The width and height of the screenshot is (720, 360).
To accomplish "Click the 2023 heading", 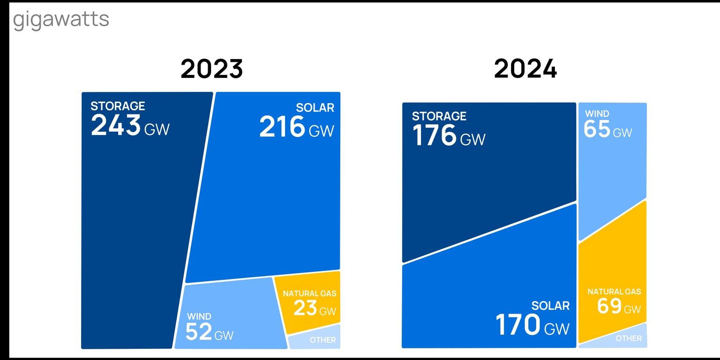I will coord(211,69).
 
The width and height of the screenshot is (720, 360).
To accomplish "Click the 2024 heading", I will coord(525,69).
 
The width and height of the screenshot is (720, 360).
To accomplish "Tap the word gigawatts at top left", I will coord(61,20).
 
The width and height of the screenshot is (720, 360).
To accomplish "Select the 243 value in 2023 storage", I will coord(116,125).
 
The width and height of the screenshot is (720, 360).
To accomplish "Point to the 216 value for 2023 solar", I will coord(282,127).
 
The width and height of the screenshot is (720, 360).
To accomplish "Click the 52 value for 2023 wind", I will coord(199,331).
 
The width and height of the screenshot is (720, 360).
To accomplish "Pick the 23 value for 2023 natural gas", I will coord(306,308).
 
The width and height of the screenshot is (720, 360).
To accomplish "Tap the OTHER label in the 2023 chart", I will coord(322,340).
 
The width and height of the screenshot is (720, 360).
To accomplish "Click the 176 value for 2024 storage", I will coord(435,135).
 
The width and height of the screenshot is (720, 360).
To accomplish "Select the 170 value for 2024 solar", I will coord(518,325).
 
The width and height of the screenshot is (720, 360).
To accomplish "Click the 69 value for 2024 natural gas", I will coord(609,306).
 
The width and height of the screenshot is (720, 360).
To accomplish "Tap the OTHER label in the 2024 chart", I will coord(629,338).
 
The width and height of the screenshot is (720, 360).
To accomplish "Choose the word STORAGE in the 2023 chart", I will coord(118,106).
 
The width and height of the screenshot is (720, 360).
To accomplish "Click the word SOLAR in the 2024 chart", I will coord(550,306).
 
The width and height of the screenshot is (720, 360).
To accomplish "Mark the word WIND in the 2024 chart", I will coord(597,114).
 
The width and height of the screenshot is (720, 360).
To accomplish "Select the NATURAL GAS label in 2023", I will coord(309,294).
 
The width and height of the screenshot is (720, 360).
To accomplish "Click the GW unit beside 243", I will coord(157,129).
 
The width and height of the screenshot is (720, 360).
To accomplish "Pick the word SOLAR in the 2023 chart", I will coord(315,108).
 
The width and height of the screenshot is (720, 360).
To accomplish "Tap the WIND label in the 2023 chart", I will coord(199,316).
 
